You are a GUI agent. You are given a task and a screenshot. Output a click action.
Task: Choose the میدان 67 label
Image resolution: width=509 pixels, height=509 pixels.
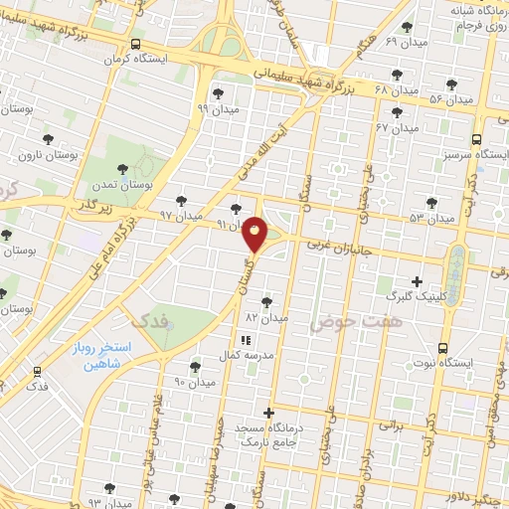[x=396, y=128]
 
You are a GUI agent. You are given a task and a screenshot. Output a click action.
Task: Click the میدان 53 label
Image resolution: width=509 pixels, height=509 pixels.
[x=431, y=217]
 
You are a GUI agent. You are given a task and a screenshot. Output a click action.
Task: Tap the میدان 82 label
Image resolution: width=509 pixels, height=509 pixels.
[x=266, y=317]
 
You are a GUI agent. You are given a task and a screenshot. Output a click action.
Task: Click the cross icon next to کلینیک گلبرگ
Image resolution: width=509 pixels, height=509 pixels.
[x=417, y=281]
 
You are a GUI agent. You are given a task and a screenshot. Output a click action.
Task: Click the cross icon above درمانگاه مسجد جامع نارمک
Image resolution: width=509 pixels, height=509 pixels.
[x=268, y=412]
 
